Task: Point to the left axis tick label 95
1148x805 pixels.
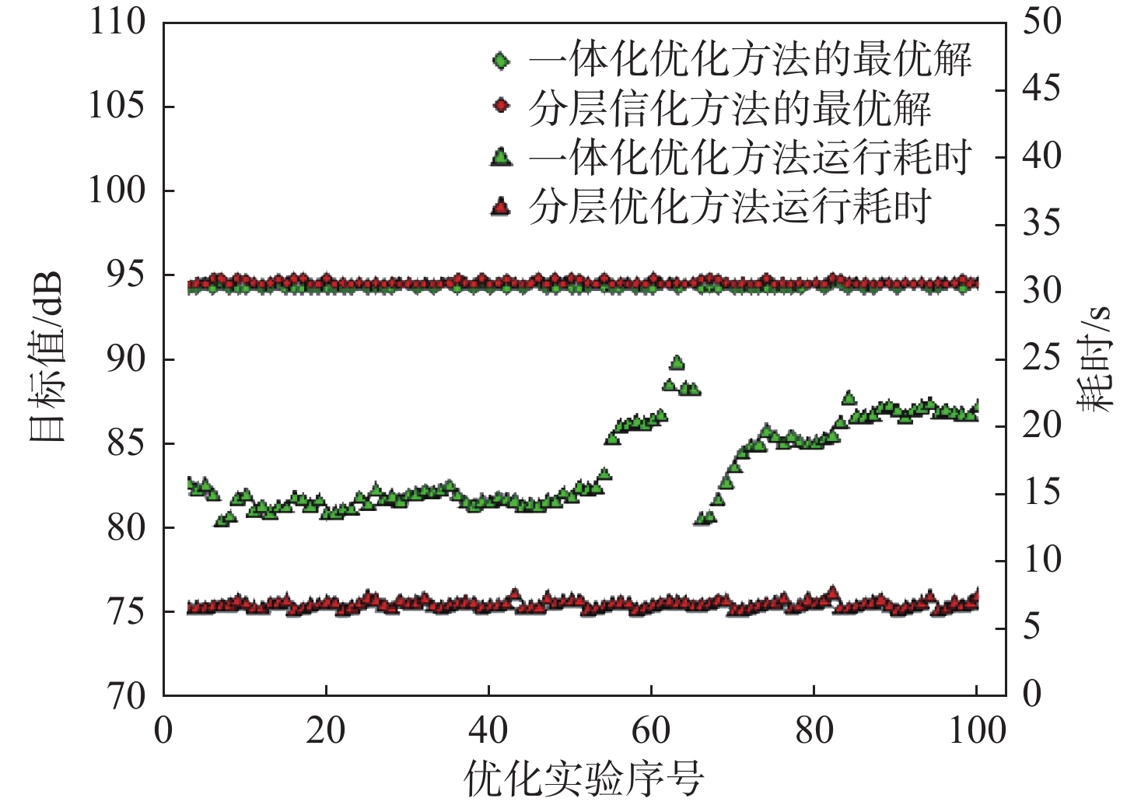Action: (126, 275)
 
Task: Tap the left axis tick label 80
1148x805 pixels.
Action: (126, 527)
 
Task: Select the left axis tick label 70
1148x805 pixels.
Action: (126, 695)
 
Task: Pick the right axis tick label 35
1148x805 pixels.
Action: (1041, 223)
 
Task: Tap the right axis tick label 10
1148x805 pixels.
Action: (1041, 560)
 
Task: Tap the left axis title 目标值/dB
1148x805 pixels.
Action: (46, 358)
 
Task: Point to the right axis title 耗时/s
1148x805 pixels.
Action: (1096, 358)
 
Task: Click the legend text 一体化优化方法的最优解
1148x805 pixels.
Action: (750, 60)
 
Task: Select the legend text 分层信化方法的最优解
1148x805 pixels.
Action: (730, 109)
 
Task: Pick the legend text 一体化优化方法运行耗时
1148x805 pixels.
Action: (750, 158)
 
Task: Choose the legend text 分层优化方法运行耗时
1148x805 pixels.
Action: (730, 207)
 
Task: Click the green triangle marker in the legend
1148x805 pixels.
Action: (502, 158)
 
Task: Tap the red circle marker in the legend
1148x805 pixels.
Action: (502, 105)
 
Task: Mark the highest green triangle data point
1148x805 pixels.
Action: (677, 362)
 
